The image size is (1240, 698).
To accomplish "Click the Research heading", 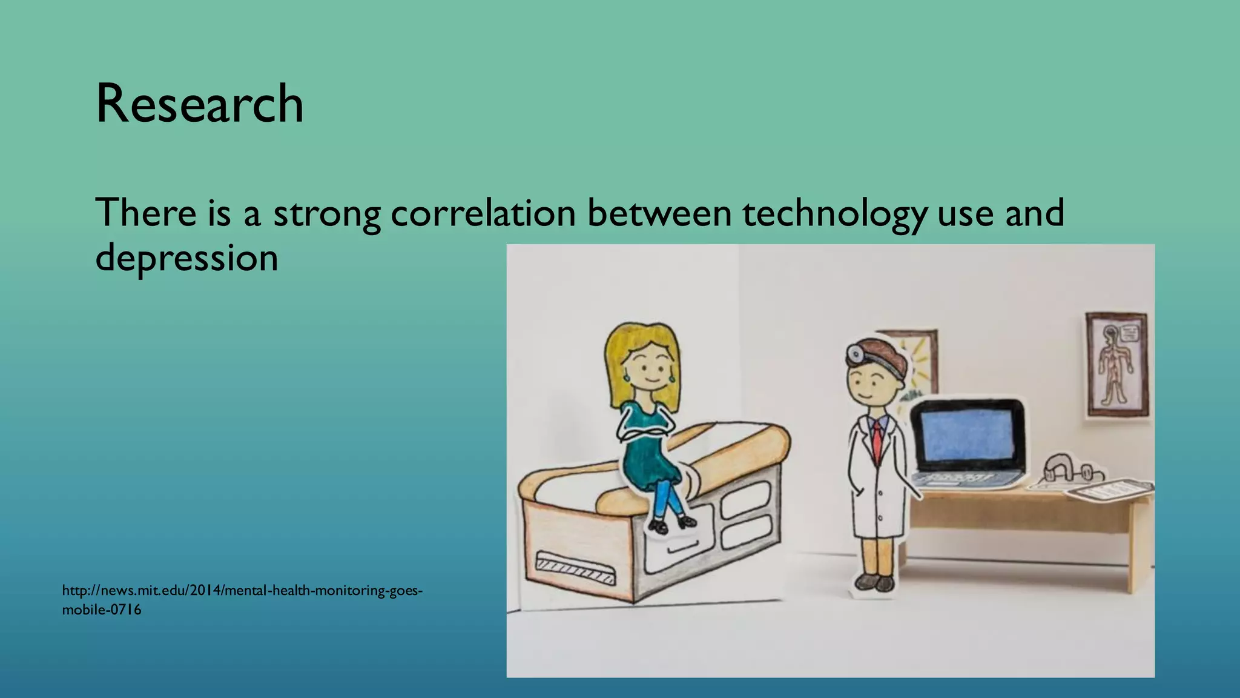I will click(199, 104).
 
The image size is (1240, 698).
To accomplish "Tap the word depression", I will click(186, 258).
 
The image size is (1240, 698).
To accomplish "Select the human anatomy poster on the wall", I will click(1117, 365).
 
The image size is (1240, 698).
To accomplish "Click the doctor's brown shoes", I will click(875, 583).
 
